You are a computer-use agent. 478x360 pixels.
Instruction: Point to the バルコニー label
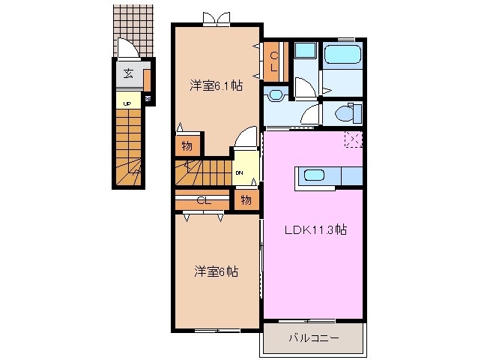click(313, 338)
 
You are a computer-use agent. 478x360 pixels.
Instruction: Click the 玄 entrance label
click(128, 73)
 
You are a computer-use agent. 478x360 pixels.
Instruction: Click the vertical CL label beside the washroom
click(273, 61)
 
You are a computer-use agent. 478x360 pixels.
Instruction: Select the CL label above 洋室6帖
click(202, 201)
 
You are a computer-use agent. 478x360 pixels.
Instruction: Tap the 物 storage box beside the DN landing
click(246, 199)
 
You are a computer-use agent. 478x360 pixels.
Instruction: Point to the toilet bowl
click(345, 114)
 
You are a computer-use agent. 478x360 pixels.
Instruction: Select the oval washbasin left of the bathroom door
click(275, 95)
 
